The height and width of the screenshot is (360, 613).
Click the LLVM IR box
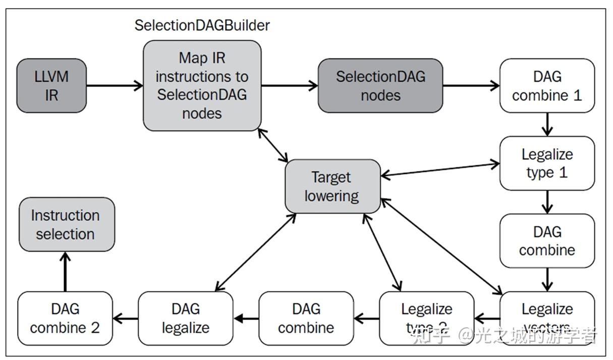pos(51,86)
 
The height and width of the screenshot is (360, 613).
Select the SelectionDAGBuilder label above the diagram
pos(202,26)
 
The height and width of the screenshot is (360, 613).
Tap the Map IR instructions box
pos(202,86)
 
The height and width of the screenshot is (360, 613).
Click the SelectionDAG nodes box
pos(380,86)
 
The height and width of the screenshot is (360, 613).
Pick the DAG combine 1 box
pos(547,86)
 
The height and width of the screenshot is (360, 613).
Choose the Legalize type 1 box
pos(547,163)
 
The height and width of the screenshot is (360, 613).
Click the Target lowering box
pos(332,186)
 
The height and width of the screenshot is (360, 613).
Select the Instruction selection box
pos(66,224)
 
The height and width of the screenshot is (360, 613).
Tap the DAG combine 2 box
pos(65,318)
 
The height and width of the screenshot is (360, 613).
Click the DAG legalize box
pos(186,318)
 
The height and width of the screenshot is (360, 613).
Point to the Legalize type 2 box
pos(426,318)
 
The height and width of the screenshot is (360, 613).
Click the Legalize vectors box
pos(547,318)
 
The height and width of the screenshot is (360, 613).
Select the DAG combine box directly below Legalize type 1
pos(547,241)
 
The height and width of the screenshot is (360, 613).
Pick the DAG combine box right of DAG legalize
pos(306,318)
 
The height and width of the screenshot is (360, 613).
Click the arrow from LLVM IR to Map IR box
pos(115,86)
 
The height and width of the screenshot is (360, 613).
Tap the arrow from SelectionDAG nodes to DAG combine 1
pos(471,86)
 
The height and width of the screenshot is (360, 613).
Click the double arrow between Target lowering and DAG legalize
pos(255,252)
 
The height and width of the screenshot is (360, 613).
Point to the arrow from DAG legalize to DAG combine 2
pos(126,318)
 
